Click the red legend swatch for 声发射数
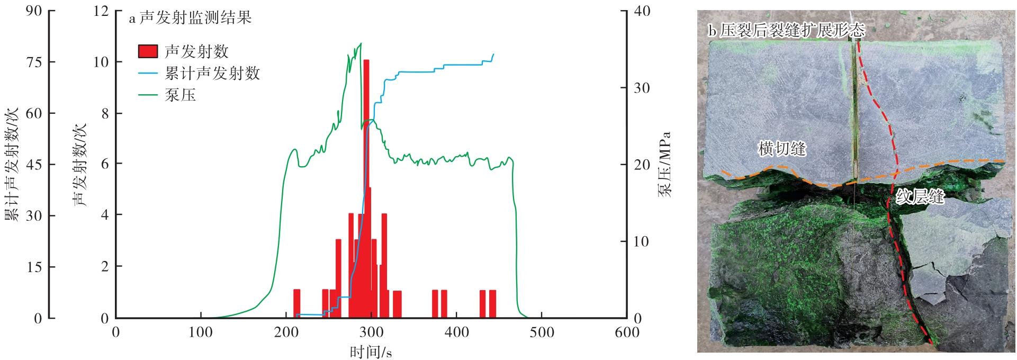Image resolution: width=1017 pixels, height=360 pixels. coord(148,51)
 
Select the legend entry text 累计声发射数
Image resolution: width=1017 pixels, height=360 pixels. coord(212,73)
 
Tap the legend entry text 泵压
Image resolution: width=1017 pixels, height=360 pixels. coord(180,95)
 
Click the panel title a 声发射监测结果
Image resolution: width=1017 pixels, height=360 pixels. coord(191,19)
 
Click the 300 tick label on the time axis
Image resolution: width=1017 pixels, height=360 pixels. coord(371,333)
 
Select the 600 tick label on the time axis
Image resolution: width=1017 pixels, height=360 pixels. coord(626,333)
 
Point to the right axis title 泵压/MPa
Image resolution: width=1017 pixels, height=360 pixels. coord(664,164)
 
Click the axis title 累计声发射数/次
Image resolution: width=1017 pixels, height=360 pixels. coord(12,164)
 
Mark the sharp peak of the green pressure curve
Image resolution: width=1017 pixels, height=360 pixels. coord(361,44)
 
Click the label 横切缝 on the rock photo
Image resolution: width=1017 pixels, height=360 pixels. coord(782,149)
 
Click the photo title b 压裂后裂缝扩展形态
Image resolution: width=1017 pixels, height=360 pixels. coord(786,31)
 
